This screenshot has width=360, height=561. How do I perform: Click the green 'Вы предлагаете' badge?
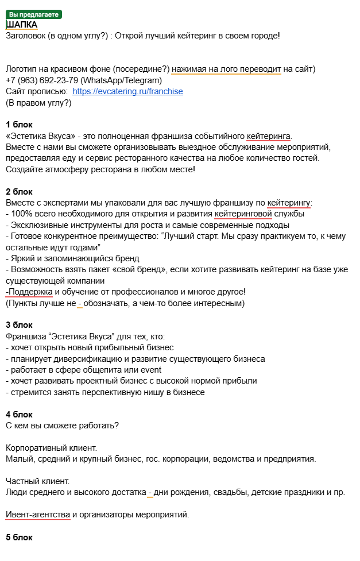[34, 14]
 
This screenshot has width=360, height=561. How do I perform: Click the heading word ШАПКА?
[22, 25]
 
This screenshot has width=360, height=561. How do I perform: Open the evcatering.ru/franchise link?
[128, 91]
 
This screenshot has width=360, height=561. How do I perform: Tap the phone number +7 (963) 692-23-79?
[42, 80]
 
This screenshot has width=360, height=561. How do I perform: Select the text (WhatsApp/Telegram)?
[121, 80]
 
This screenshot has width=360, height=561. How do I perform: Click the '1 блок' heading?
[19, 125]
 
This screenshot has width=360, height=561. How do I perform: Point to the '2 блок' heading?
[19, 191]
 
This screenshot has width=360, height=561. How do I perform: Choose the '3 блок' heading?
[19, 325]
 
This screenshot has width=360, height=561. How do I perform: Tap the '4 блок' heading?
[19, 415]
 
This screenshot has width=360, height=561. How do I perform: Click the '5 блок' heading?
[19, 537]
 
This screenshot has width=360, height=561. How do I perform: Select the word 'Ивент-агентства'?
[38, 514]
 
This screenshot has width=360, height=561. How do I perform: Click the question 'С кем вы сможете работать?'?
[62, 425]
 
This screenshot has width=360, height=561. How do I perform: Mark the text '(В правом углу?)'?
[38, 103]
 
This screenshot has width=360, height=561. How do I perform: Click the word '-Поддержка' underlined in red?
[29, 292]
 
